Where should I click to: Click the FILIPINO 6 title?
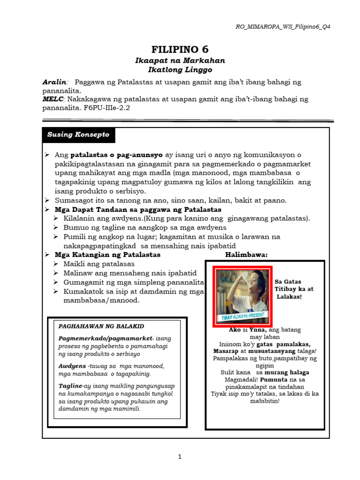point(180,49)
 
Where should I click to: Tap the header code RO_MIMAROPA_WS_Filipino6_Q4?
point(283,27)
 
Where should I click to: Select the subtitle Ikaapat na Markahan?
point(180,60)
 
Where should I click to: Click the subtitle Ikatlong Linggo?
point(180,70)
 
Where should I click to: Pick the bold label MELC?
point(52,99)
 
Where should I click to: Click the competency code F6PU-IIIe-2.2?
point(108,108)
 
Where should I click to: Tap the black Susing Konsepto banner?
point(78,135)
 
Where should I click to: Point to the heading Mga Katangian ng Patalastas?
point(107,255)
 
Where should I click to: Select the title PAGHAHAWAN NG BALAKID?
point(101,326)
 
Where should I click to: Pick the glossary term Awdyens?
point(72,366)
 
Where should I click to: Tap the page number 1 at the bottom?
point(180,457)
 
